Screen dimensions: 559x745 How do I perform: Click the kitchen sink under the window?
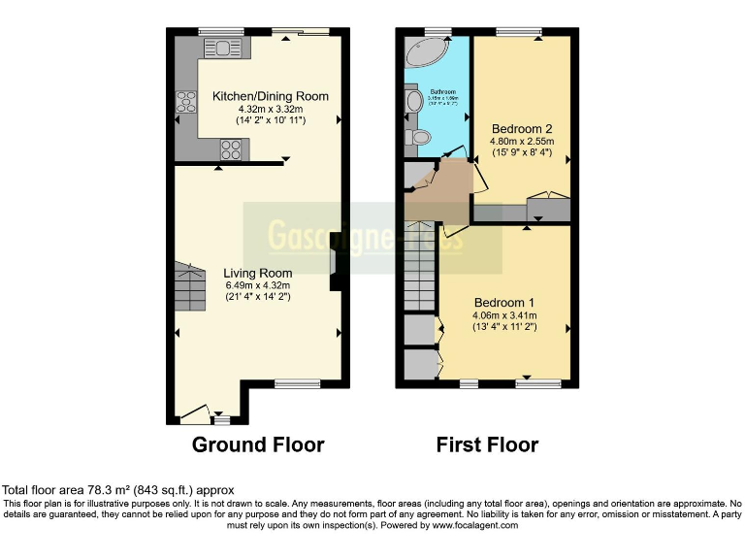click(x=222, y=48)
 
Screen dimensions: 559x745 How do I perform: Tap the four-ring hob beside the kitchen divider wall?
click(x=232, y=149)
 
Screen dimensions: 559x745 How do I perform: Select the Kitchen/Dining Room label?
click(x=270, y=96)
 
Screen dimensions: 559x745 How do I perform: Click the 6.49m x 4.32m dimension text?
click(x=257, y=285)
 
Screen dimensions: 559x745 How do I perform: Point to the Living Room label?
click(x=257, y=273)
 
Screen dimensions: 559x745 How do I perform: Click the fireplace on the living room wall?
click(x=335, y=262)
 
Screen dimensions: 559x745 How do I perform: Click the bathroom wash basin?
click(x=413, y=101)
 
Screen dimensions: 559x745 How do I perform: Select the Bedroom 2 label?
click(x=521, y=129)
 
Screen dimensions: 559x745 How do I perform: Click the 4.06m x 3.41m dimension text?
click(x=504, y=315)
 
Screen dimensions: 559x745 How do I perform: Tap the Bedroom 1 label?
click(x=504, y=302)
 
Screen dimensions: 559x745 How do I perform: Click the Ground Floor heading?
click(x=257, y=445)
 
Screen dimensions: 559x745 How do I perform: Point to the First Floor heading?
click(x=487, y=445)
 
